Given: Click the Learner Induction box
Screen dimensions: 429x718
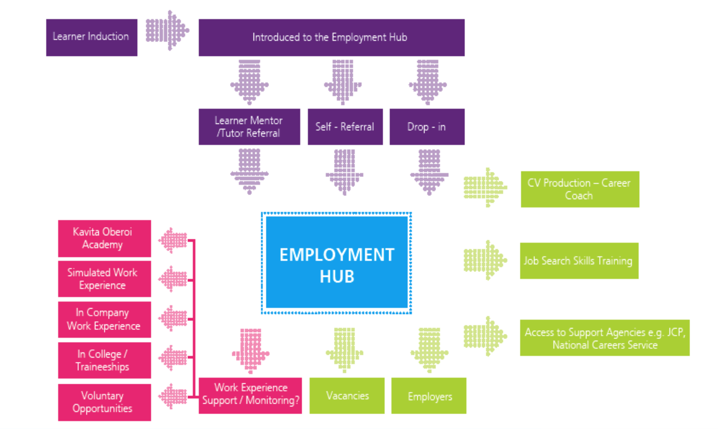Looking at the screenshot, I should click(x=92, y=37).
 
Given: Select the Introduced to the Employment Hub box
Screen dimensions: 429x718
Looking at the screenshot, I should click(x=331, y=37).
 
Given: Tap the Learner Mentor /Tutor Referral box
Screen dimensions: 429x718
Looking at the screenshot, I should click(x=249, y=127).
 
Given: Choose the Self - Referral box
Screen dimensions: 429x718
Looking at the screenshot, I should click(x=345, y=127).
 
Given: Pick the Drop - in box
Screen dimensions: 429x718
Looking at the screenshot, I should click(x=427, y=127).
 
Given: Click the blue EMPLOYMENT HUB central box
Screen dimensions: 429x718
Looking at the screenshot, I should click(x=337, y=263).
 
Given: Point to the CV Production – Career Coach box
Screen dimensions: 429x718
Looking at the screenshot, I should click(x=579, y=189).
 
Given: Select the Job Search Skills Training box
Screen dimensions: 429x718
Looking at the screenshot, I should click(x=579, y=261).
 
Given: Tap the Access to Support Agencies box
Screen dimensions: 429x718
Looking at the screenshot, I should click(x=604, y=338).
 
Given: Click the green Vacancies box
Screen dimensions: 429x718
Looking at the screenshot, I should click(x=347, y=396).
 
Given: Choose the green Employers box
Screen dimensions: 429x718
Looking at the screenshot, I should click(x=429, y=396).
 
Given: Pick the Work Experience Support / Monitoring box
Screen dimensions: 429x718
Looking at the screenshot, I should click(x=250, y=395).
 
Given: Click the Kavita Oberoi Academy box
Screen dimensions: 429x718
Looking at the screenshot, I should click(x=104, y=238).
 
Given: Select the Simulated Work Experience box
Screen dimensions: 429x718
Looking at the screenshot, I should click(x=104, y=279).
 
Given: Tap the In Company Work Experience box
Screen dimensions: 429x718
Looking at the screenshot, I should click(x=104, y=319).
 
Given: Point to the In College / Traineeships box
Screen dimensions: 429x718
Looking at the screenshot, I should click(x=104, y=360).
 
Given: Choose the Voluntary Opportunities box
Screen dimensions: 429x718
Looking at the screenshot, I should click(x=104, y=402).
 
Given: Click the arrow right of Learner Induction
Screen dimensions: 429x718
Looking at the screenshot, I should click(x=167, y=31).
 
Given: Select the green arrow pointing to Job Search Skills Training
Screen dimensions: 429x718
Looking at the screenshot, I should click(x=485, y=260).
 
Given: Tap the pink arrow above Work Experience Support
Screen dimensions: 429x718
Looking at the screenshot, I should click(x=250, y=350).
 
